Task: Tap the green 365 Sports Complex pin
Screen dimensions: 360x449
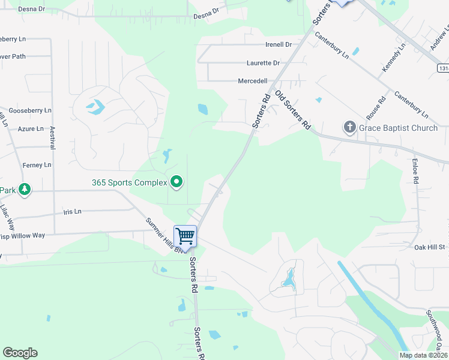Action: tap(176, 182)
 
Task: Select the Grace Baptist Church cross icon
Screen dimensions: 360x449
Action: tap(349, 127)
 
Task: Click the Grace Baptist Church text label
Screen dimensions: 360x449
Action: tap(398, 128)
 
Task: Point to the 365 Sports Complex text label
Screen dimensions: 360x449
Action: tap(129, 182)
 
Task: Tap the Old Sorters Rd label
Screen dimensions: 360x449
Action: tap(293, 110)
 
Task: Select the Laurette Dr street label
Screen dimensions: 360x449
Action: tap(263, 63)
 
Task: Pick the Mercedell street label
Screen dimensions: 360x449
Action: tap(253, 81)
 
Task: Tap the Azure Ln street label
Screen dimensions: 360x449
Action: tap(31, 129)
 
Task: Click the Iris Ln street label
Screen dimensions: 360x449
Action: tap(72, 212)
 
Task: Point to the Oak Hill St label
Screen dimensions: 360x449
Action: tap(429, 247)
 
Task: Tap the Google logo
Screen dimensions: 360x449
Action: tap(20, 353)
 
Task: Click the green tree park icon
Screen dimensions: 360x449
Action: tap(24, 190)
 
